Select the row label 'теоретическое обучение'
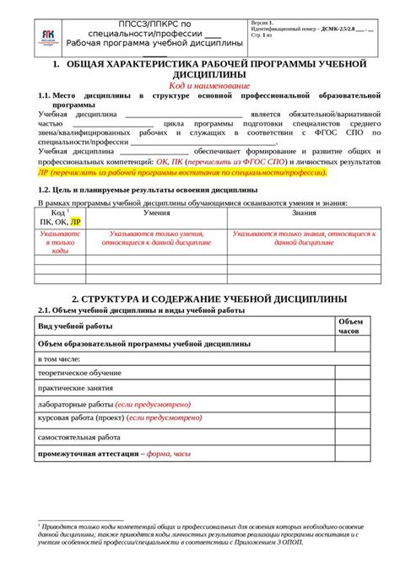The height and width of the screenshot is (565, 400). [x=77, y=374]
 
